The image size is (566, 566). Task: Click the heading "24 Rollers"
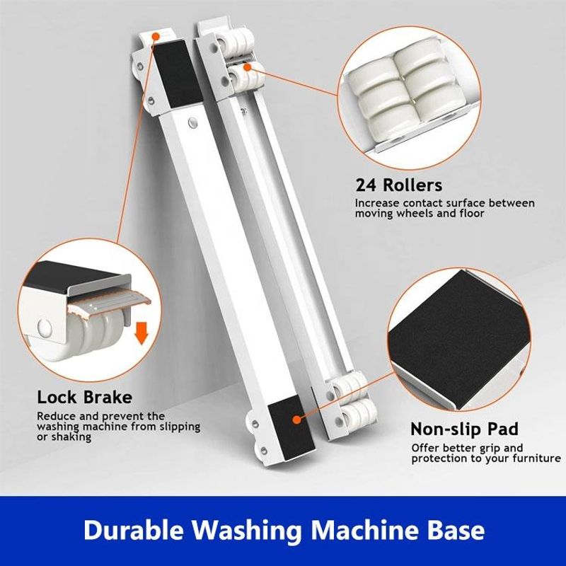tap(398, 185)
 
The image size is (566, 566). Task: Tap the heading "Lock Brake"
tap(84, 398)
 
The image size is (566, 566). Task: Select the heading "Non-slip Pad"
tap(465, 429)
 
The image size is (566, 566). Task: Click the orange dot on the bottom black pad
tap(296, 420)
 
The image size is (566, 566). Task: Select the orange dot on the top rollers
tap(247, 67)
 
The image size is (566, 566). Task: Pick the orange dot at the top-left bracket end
tap(156, 36)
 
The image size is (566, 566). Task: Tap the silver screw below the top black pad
tap(192, 123)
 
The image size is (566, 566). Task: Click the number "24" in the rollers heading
tap(366, 185)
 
